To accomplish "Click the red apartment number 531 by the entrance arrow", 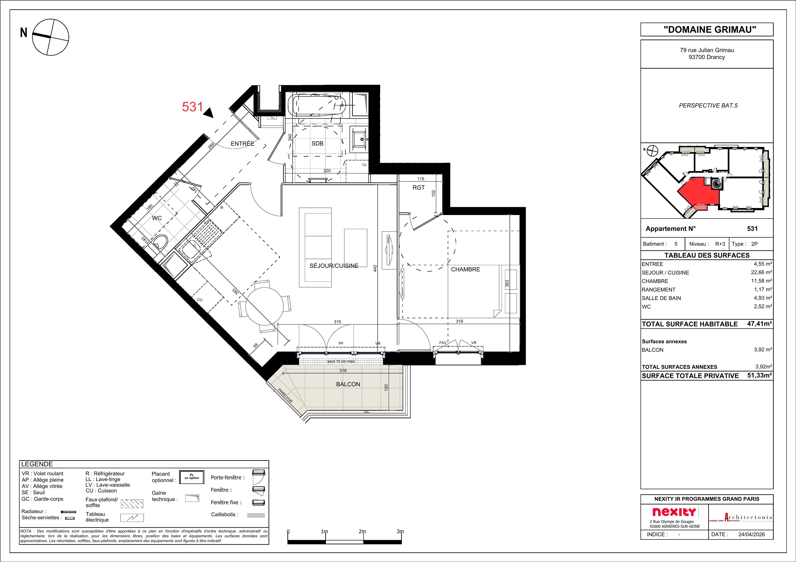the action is (x=192, y=107).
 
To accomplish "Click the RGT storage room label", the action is (x=418, y=187).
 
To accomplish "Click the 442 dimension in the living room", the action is (x=375, y=268).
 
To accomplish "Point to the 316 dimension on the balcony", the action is (x=343, y=371).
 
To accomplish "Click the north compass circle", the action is (x=51, y=37).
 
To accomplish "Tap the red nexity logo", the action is (x=674, y=512).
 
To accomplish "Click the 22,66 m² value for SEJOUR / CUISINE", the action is (x=761, y=272).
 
